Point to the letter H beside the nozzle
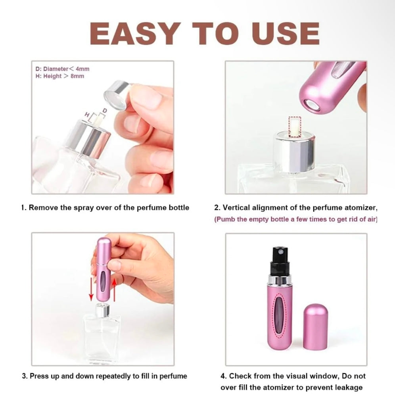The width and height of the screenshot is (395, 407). click(88, 114)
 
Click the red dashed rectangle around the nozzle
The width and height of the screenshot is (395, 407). click(294, 126)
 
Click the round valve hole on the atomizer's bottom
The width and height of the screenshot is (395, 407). click(310, 105)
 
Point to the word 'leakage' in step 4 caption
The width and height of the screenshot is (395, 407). click(347, 388)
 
